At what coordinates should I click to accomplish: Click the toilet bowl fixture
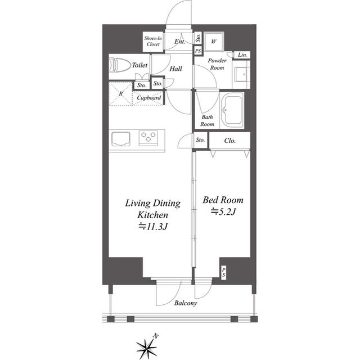click(119, 65)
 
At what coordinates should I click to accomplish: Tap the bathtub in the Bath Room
click(232, 110)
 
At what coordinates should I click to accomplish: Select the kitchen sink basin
click(121, 139)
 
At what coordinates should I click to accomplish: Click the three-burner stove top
click(148, 138)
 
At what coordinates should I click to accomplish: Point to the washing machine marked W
click(214, 41)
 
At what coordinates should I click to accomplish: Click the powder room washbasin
click(241, 74)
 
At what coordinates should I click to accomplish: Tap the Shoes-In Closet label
click(153, 41)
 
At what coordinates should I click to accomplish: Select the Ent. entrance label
click(180, 42)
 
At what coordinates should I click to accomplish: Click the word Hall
click(176, 69)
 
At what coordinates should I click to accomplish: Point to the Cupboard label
click(148, 98)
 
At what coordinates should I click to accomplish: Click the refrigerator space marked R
click(121, 94)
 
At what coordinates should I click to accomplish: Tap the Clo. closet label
click(230, 141)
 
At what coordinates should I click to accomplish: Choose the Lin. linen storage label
click(242, 55)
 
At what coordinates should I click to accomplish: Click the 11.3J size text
click(152, 227)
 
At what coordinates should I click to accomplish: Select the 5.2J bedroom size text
click(223, 211)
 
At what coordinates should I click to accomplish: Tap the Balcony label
click(186, 303)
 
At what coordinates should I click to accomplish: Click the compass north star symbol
click(147, 348)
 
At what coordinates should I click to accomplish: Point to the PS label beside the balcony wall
click(224, 272)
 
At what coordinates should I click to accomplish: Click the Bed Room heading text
click(223, 200)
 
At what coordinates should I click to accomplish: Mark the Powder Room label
click(217, 64)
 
